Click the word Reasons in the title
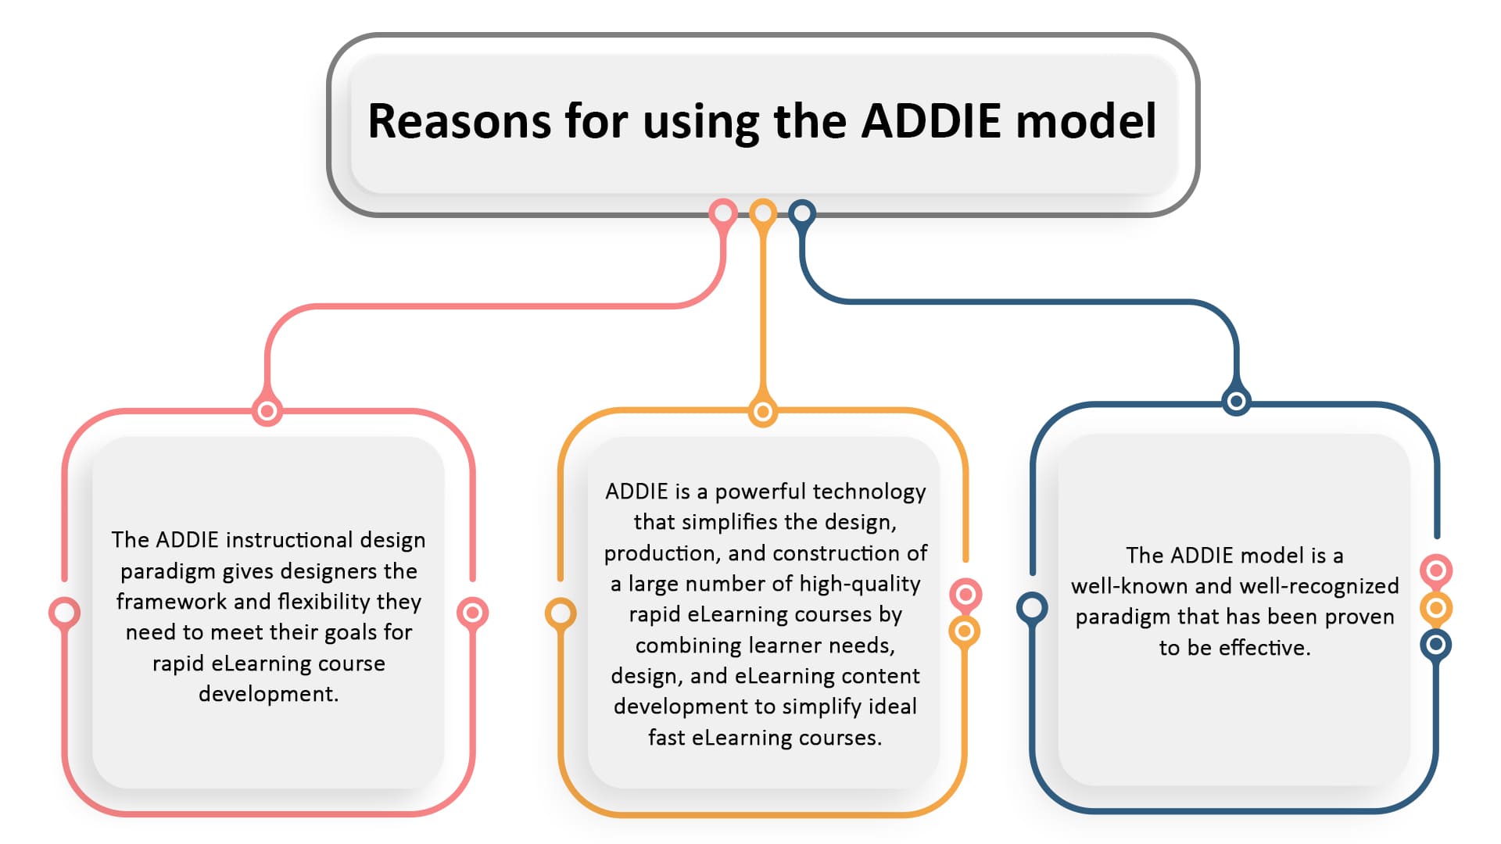[460, 121]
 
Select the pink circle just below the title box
[723, 213]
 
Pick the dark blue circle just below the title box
[802, 213]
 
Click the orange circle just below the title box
[763, 213]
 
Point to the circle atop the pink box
[267, 410]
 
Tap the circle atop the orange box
[763, 411]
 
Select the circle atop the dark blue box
[1236, 402]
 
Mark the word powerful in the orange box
[761, 492]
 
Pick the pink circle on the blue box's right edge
[1436, 570]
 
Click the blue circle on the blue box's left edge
[1032, 607]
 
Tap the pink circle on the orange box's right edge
[965, 595]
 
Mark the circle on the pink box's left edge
[64, 613]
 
